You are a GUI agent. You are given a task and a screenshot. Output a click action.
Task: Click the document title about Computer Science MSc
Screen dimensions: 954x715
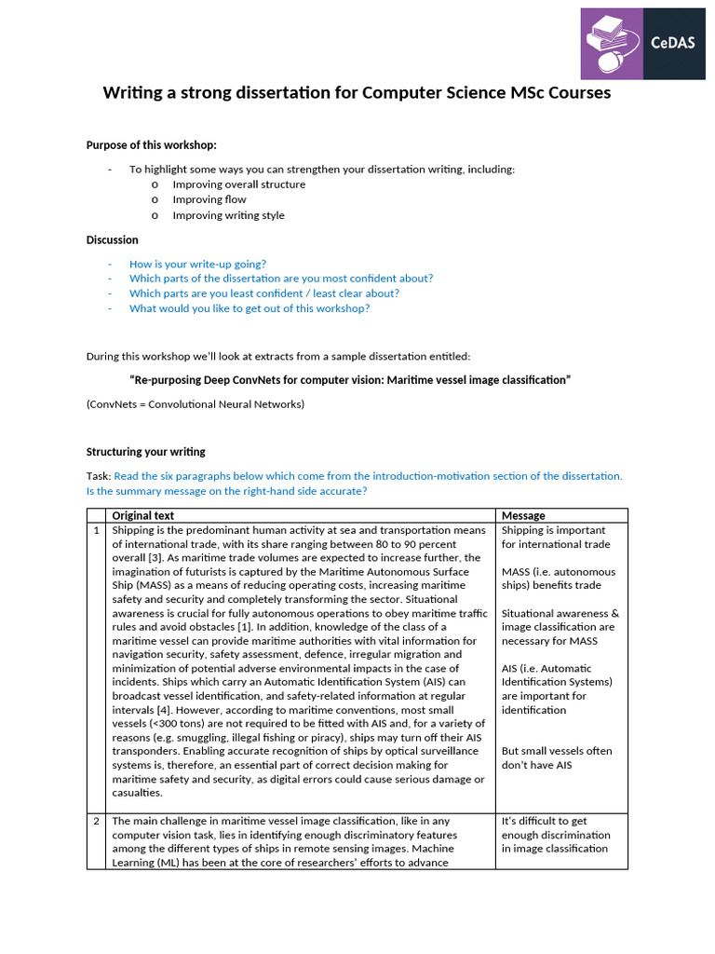[x=357, y=93]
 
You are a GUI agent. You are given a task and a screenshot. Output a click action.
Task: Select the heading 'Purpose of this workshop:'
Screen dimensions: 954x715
[x=152, y=144]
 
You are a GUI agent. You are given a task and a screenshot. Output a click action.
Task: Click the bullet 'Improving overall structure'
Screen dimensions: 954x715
[x=238, y=184]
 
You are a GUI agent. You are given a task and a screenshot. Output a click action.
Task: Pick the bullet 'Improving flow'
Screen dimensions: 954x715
[x=209, y=199]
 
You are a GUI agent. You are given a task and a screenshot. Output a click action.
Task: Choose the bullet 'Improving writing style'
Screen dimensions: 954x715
[x=228, y=215]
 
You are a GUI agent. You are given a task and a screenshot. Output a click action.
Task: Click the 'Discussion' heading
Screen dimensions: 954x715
[x=113, y=239]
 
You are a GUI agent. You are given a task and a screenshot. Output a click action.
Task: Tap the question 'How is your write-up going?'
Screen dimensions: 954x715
[x=197, y=264]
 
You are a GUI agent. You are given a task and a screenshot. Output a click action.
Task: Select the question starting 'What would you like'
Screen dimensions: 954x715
[x=249, y=308]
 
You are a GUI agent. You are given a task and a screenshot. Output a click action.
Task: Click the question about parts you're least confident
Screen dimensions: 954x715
[x=263, y=293]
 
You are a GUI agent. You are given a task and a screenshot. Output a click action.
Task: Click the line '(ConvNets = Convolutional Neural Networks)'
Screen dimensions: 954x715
[x=196, y=404]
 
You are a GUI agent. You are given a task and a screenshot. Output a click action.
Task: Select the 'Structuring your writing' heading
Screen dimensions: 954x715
[x=146, y=452]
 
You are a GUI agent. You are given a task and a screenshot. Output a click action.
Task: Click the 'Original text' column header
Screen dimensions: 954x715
[x=143, y=515]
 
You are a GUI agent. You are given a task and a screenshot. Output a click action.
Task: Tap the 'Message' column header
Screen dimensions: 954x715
[x=523, y=515]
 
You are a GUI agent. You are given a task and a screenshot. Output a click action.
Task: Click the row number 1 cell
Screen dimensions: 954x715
[x=96, y=530]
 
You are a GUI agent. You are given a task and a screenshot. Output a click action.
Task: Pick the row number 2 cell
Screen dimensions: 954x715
[x=96, y=821]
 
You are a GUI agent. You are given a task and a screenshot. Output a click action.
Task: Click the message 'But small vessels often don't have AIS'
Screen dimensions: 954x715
[x=557, y=757]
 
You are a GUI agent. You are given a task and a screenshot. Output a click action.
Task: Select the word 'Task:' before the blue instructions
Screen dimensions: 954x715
[x=99, y=476]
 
